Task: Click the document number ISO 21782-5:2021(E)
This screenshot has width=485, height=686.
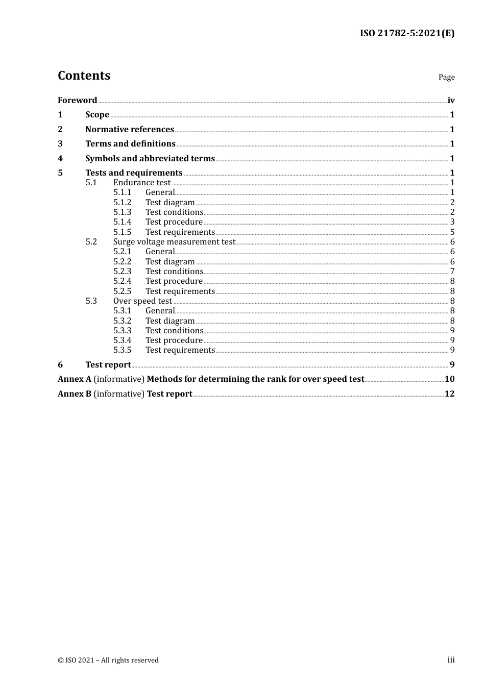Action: (x=407, y=33)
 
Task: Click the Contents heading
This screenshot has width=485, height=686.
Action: (x=84, y=76)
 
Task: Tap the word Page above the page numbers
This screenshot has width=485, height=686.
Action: (x=446, y=77)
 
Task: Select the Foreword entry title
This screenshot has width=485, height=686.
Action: (x=77, y=100)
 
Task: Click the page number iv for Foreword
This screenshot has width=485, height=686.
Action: (x=451, y=100)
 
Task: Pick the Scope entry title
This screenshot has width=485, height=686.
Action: (x=97, y=114)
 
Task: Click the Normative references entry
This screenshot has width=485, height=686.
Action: (x=130, y=129)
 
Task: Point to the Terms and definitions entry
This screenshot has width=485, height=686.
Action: (x=130, y=143)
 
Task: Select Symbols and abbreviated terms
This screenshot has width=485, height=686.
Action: (x=150, y=158)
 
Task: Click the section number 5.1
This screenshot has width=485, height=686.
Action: (x=91, y=182)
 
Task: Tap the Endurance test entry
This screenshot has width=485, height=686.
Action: (x=142, y=182)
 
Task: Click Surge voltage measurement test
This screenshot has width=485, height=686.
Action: (x=174, y=241)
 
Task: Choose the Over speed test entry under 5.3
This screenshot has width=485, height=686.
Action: (x=142, y=301)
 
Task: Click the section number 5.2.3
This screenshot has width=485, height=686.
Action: (x=122, y=271)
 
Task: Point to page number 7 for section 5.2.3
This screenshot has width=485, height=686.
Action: (x=452, y=271)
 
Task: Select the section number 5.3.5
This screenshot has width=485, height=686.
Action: (x=122, y=350)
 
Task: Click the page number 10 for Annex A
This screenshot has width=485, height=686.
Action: (x=449, y=379)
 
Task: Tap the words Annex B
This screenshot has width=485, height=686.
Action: (x=75, y=394)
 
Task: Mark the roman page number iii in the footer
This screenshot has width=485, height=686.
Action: (x=451, y=659)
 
